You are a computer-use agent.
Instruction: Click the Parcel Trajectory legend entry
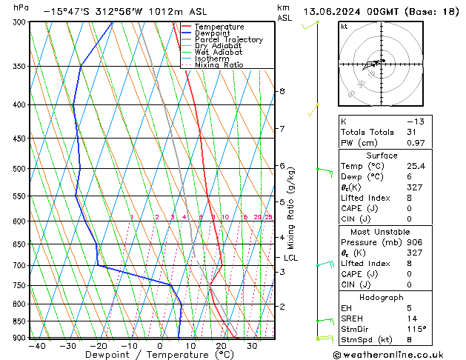(228, 39)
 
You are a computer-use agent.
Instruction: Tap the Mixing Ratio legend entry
(219, 65)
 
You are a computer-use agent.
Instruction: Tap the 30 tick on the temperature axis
(253, 346)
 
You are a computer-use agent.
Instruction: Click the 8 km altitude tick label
(282, 91)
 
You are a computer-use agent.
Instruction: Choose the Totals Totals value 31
(412, 132)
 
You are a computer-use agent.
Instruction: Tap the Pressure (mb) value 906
(415, 242)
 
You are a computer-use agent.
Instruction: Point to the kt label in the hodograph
(344, 26)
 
